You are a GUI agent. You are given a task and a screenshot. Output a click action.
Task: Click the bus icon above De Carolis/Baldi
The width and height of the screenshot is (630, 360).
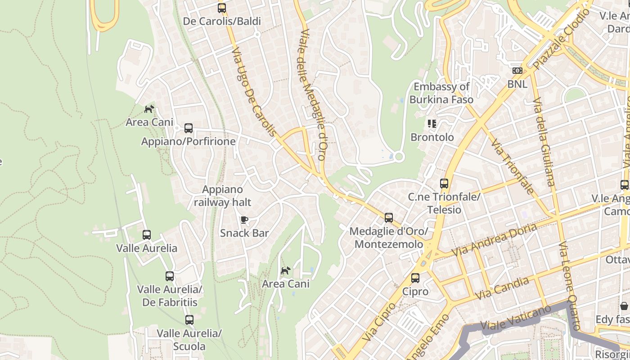[221, 8]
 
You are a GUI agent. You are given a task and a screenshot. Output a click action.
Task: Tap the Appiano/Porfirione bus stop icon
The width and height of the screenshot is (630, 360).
[189, 128]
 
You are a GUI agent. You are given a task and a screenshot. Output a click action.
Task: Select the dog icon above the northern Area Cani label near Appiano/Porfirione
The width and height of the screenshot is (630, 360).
[149, 109]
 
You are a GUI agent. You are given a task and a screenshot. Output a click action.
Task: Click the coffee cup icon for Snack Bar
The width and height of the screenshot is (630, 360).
[244, 220]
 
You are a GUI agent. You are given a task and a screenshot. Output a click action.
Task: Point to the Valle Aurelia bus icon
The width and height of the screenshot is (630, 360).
[147, 234]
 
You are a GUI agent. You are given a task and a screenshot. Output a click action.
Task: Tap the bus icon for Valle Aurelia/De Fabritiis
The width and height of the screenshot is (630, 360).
[170, 276]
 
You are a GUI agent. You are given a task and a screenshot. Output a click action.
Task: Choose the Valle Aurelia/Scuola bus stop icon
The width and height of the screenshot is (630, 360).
[189, 320]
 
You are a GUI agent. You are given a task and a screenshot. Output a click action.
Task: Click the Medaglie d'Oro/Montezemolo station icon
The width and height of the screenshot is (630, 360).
[389, 218]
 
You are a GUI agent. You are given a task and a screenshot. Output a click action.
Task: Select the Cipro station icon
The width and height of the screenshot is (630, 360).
[415, 278]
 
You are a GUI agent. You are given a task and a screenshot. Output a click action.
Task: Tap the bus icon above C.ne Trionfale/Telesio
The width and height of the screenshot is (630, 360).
[444, 183]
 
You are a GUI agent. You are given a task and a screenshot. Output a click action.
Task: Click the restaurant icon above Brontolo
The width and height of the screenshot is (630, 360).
[432, 123]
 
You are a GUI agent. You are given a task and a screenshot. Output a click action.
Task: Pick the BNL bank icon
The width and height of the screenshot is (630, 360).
[517, 70]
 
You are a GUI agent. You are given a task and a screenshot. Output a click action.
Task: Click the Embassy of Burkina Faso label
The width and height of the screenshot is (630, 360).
[441, 93]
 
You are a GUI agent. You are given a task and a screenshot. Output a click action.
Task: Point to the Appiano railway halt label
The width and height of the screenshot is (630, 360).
[222, 196]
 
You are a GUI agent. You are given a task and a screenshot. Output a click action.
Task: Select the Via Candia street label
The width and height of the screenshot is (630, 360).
[502, 288]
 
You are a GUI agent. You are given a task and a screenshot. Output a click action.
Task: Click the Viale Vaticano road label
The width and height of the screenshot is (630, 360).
[516, 318]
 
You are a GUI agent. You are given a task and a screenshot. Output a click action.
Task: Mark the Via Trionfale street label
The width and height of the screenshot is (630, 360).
[512, 166]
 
